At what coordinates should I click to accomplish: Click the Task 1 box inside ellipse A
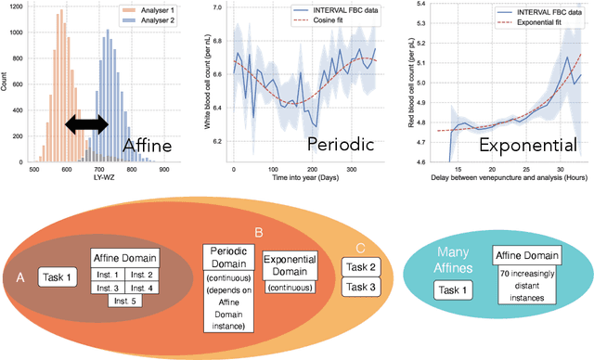(x=59, y=276)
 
